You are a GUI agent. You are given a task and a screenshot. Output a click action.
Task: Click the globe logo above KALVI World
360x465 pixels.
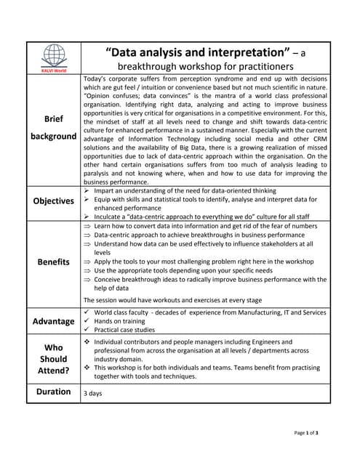point(54,55)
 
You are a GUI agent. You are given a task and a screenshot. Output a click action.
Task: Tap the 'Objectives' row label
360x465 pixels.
point(53,201)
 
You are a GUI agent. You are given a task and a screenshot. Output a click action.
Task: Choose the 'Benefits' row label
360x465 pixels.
point(53,262)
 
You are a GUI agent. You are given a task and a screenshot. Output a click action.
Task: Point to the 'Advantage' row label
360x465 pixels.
point(53,321)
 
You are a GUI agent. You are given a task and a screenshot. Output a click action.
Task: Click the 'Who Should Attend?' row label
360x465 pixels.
point(53,359)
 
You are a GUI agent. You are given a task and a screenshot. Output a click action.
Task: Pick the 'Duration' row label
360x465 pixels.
point(53,392)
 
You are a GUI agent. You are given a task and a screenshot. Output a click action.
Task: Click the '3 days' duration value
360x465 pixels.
point(92,393)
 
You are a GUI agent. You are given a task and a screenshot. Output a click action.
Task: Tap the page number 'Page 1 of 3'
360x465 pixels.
point(306,433)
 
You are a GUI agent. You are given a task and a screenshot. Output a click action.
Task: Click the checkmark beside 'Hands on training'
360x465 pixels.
point(87,320)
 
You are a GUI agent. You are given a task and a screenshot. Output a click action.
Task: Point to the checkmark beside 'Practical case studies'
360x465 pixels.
point(87,329)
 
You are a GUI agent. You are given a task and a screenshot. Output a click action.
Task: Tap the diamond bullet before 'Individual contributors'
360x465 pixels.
point(87,341)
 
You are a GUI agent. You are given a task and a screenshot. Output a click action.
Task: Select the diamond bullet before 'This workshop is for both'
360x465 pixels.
point(87,368)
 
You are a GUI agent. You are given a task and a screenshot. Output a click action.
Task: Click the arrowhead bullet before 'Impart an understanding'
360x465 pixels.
point(87,191)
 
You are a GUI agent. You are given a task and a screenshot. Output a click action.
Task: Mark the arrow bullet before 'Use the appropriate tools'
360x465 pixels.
point(87,270)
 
